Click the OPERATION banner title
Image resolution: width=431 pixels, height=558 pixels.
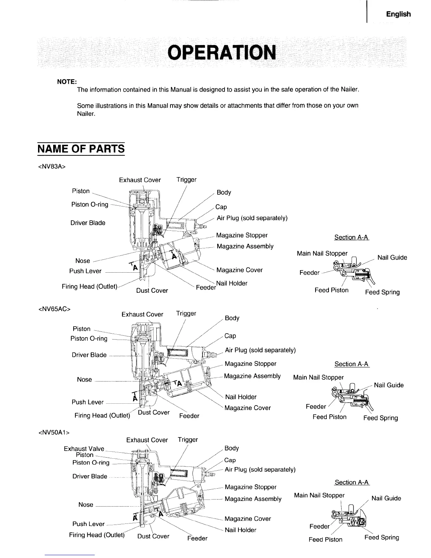pos(221,53)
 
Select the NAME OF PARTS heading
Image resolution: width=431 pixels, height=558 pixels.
pos(81,149)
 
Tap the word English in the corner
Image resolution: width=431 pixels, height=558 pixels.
pos(398,14)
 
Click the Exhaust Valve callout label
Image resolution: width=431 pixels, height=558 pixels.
pos(84,449)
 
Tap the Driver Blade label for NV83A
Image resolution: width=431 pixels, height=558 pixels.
pos(88,223)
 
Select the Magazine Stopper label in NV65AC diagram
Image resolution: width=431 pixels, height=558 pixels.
pos(250,364)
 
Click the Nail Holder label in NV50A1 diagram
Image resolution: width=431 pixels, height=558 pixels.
pos(241,530)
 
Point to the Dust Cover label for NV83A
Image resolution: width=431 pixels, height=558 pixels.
pos(152,291)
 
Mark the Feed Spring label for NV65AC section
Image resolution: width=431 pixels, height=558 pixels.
pos(380,418)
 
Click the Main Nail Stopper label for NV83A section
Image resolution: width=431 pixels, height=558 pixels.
pos(322,253)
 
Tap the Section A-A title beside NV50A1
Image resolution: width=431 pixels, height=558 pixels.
pos(352,482)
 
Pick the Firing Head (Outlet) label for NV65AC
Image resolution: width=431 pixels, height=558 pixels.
pos(102,416)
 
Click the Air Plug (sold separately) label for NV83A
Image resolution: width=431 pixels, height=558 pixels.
pos(252,218)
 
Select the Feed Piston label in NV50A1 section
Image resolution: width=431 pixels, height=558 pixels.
pos(325,539)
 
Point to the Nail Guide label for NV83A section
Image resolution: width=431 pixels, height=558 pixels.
pos(392,258)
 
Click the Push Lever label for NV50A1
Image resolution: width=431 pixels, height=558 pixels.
pos(88,524)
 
